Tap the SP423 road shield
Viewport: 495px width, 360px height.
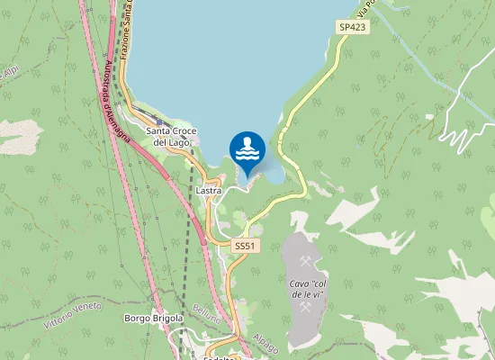click(353, 28)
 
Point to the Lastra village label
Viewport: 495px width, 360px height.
click(209, 192)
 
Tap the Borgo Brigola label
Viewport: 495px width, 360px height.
click(153, 319)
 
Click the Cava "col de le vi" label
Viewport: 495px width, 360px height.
click(306, 290)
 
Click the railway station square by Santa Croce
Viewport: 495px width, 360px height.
click(159, 121)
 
